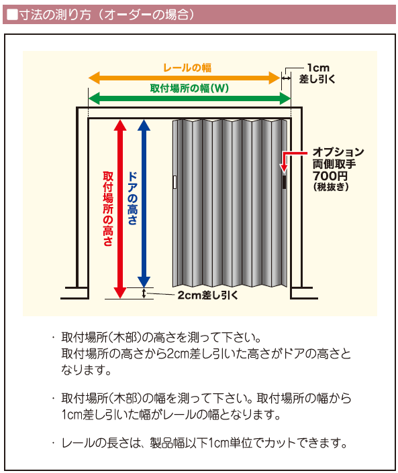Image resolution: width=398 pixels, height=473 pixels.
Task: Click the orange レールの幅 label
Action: [187, 68]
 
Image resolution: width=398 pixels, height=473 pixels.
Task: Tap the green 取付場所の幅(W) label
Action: [189, 88]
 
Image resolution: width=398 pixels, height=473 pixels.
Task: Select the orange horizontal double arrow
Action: [184, 78]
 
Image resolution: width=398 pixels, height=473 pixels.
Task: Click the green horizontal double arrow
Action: [189, 98]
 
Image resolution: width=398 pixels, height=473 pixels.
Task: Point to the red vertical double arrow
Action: [120, 209]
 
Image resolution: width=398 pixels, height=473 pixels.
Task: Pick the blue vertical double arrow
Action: [144, 204]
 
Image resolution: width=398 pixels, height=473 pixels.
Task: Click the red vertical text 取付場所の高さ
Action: [108, 209]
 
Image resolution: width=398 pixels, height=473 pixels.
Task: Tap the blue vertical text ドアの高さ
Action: [132, 198]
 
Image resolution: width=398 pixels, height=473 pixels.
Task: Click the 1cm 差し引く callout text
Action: [317, 73]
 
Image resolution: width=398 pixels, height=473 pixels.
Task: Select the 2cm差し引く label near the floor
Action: [207, 295]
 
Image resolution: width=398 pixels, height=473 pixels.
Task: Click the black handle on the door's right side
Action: [284, 182]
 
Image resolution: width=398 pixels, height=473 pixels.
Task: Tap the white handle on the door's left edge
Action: [175, 182]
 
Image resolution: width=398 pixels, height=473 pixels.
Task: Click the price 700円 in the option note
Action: [330, 176]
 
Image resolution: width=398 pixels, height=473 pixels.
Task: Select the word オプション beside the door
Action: [338, 151]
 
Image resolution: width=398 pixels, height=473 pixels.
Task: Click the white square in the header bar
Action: [12, 15]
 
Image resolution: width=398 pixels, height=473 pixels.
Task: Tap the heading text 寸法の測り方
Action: [54, 15]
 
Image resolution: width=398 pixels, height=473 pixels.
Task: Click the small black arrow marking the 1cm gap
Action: [286, 78]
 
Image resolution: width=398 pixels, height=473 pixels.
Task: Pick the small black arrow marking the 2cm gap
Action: [144, 293]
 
